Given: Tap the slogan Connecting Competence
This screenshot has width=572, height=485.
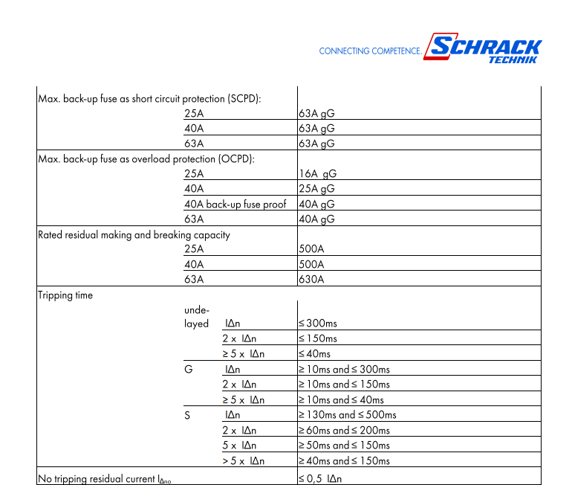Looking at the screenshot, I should pos(370,51).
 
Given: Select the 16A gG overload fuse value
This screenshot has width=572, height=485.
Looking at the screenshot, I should pos(317,173).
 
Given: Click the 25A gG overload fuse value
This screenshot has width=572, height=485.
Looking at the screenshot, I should pos(316,189).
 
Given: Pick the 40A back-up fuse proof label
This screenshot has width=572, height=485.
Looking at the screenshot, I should pos(235,204).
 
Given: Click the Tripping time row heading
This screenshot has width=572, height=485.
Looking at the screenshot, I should pos(65,295).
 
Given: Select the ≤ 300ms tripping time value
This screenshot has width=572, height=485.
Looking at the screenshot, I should pos(318,324).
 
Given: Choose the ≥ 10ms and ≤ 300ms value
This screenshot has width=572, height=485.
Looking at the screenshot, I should pos(344,369).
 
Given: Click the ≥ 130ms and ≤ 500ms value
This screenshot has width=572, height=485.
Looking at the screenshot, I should pos(347,414).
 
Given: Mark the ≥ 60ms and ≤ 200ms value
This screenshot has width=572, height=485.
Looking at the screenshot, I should pos(344,430).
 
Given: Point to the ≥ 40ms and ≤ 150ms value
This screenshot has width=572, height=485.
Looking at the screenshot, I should pos(344,460).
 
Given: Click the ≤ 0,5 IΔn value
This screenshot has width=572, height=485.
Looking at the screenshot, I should pos(320,478).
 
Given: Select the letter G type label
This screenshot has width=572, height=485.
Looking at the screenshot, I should pos(188,369).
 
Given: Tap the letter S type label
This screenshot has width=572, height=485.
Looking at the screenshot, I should pos(187,414).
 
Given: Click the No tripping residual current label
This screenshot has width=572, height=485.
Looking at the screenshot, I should pos(105,478).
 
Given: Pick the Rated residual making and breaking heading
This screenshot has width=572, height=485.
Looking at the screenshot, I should pos(134,235).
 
